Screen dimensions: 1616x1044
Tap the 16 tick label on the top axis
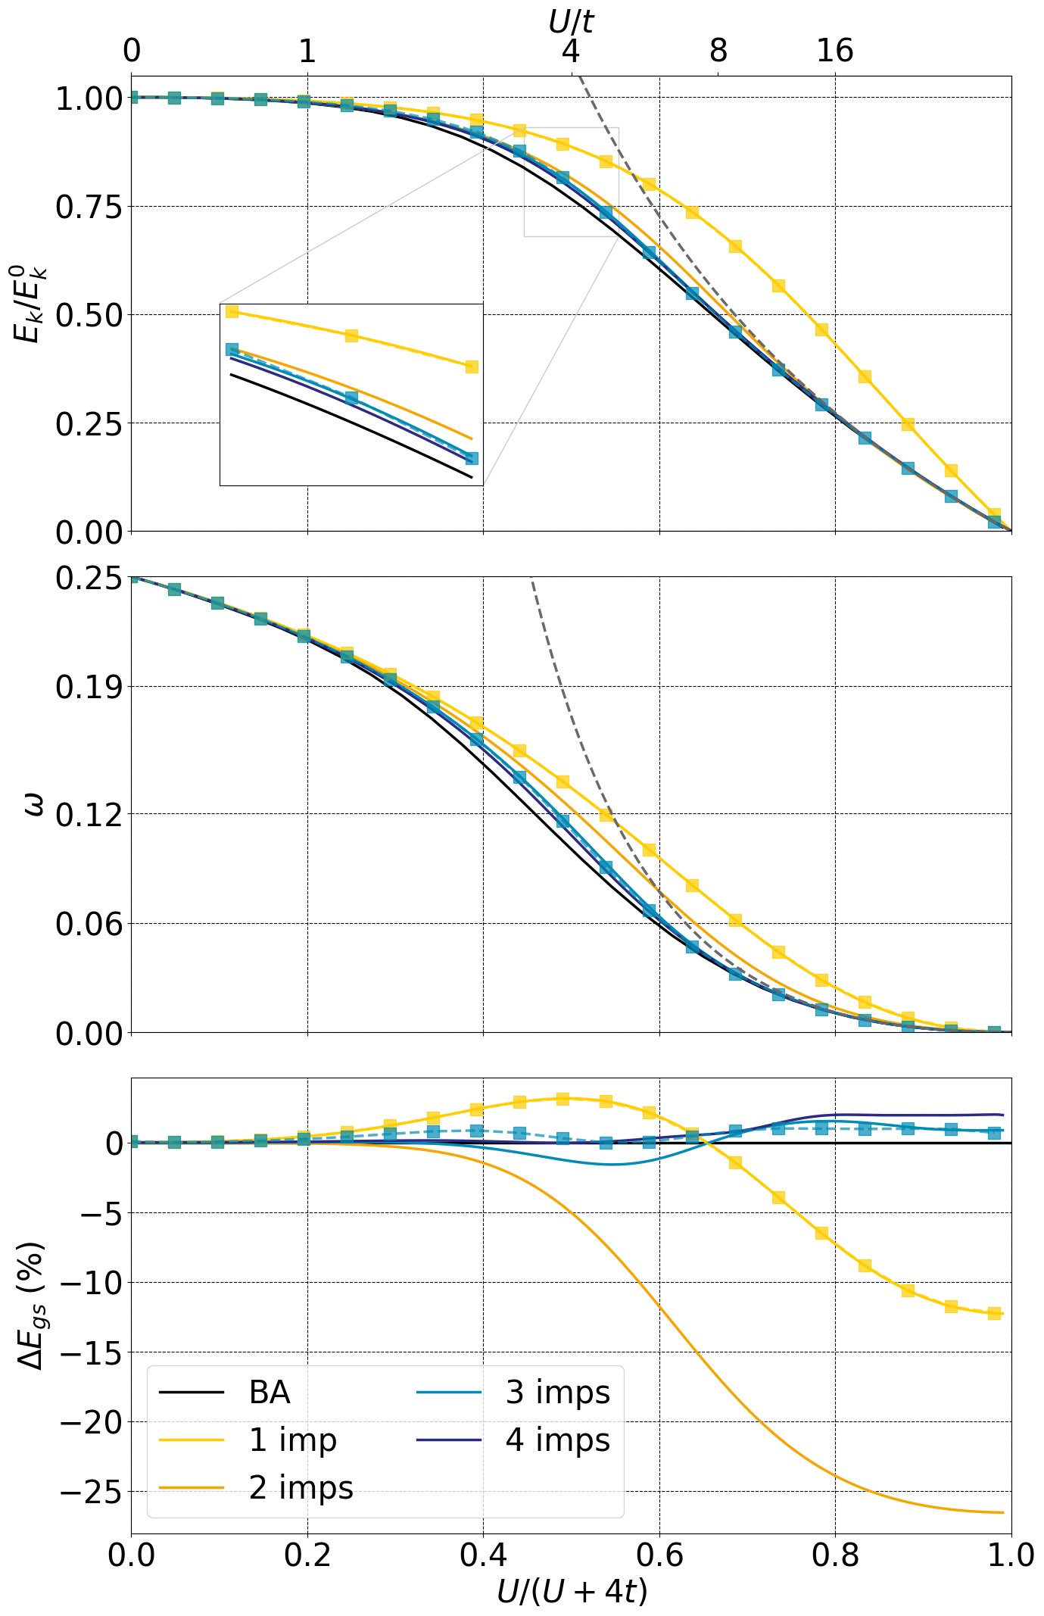click(x=835, y=51)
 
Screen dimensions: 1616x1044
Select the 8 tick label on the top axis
click(x=718, y=51)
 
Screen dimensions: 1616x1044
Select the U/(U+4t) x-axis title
click(x=572, y=1592)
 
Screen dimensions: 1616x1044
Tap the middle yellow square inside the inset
click(x=351, y=335)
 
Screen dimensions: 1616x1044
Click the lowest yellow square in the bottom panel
click(x=994, y=1313)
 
